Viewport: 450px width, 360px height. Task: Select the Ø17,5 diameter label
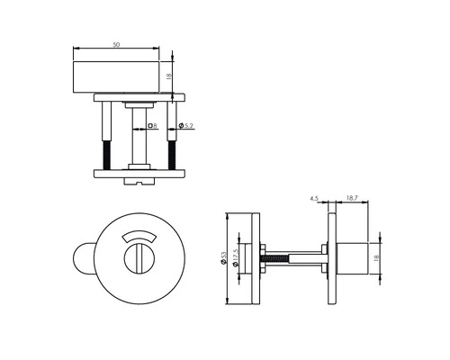[x=238, y=256]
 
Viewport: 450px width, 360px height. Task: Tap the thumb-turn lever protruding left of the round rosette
[x=82, y=258]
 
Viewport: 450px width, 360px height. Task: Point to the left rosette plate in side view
[x=257, y=256]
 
